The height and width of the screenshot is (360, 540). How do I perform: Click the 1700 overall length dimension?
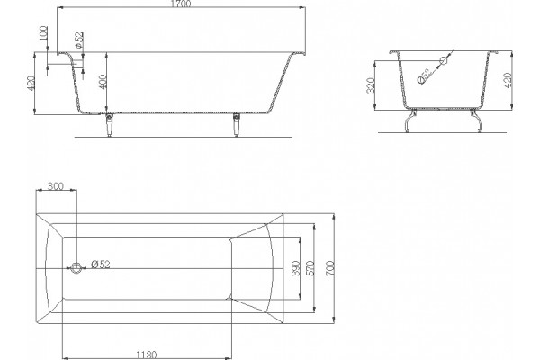coord(181,4)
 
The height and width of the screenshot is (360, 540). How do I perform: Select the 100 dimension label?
coord(43,33)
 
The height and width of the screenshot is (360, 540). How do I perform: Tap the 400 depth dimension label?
coord(103,82)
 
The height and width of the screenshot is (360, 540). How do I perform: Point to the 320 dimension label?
coord(371,85)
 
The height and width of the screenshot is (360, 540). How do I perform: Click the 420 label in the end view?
coord(508,80)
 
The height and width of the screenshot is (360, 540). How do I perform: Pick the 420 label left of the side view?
coord(31,84)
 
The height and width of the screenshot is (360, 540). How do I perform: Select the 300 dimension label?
coord(56,186)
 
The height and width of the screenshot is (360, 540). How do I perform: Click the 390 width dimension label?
coord(296,268)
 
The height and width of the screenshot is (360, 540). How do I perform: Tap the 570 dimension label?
coord(310,268)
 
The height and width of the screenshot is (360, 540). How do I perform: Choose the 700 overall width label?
coord(329,269)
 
